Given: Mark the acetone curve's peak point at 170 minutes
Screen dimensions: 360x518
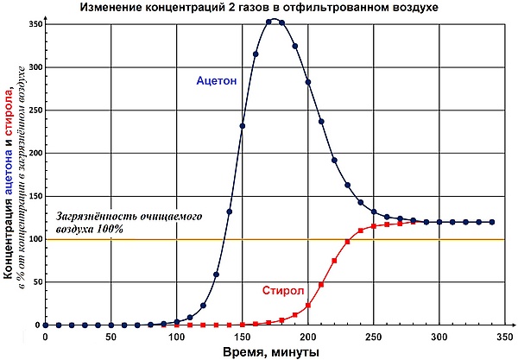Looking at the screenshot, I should pyautogui.click(x=268, y=22).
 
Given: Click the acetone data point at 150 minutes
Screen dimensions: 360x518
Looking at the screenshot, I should pyautogui.click(x=243, y=126).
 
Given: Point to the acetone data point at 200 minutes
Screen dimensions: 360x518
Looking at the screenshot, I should pyautogui.click(x=308, y=81).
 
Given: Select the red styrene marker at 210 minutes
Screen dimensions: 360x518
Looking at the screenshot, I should pyautogui.click(x=321, y=284).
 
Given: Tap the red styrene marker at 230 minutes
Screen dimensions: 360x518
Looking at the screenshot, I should pyautogui.click(x=347, y=242).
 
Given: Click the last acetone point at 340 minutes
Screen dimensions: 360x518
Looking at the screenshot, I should pyautogui.click(x=492, y=222).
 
